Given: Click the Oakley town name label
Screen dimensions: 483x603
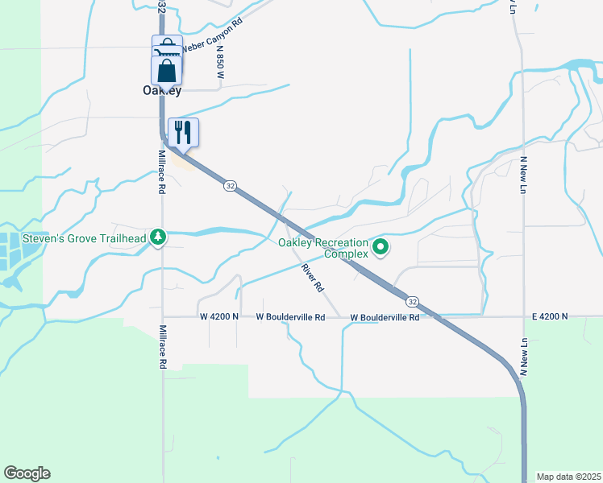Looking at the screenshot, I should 161,91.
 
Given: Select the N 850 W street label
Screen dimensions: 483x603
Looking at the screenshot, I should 219,61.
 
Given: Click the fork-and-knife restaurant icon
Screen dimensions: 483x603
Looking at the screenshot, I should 183,133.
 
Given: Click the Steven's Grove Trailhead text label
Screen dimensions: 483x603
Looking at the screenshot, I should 85,238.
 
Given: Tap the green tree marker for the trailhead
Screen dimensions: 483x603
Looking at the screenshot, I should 159,237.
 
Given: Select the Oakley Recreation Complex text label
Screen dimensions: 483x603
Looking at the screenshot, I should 322,248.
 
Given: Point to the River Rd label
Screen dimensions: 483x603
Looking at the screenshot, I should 312,277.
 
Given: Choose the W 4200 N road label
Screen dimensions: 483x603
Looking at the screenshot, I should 218,317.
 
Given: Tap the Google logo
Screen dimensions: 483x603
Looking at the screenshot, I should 27,473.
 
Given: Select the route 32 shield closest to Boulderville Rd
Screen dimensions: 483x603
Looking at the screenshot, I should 413,301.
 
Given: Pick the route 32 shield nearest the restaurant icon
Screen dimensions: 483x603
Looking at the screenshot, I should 231,186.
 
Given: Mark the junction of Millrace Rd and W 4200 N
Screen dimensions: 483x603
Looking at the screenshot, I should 162,317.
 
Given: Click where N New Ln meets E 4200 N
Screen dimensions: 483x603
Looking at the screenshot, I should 524,317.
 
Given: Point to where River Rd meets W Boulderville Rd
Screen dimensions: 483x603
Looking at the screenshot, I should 339,317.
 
